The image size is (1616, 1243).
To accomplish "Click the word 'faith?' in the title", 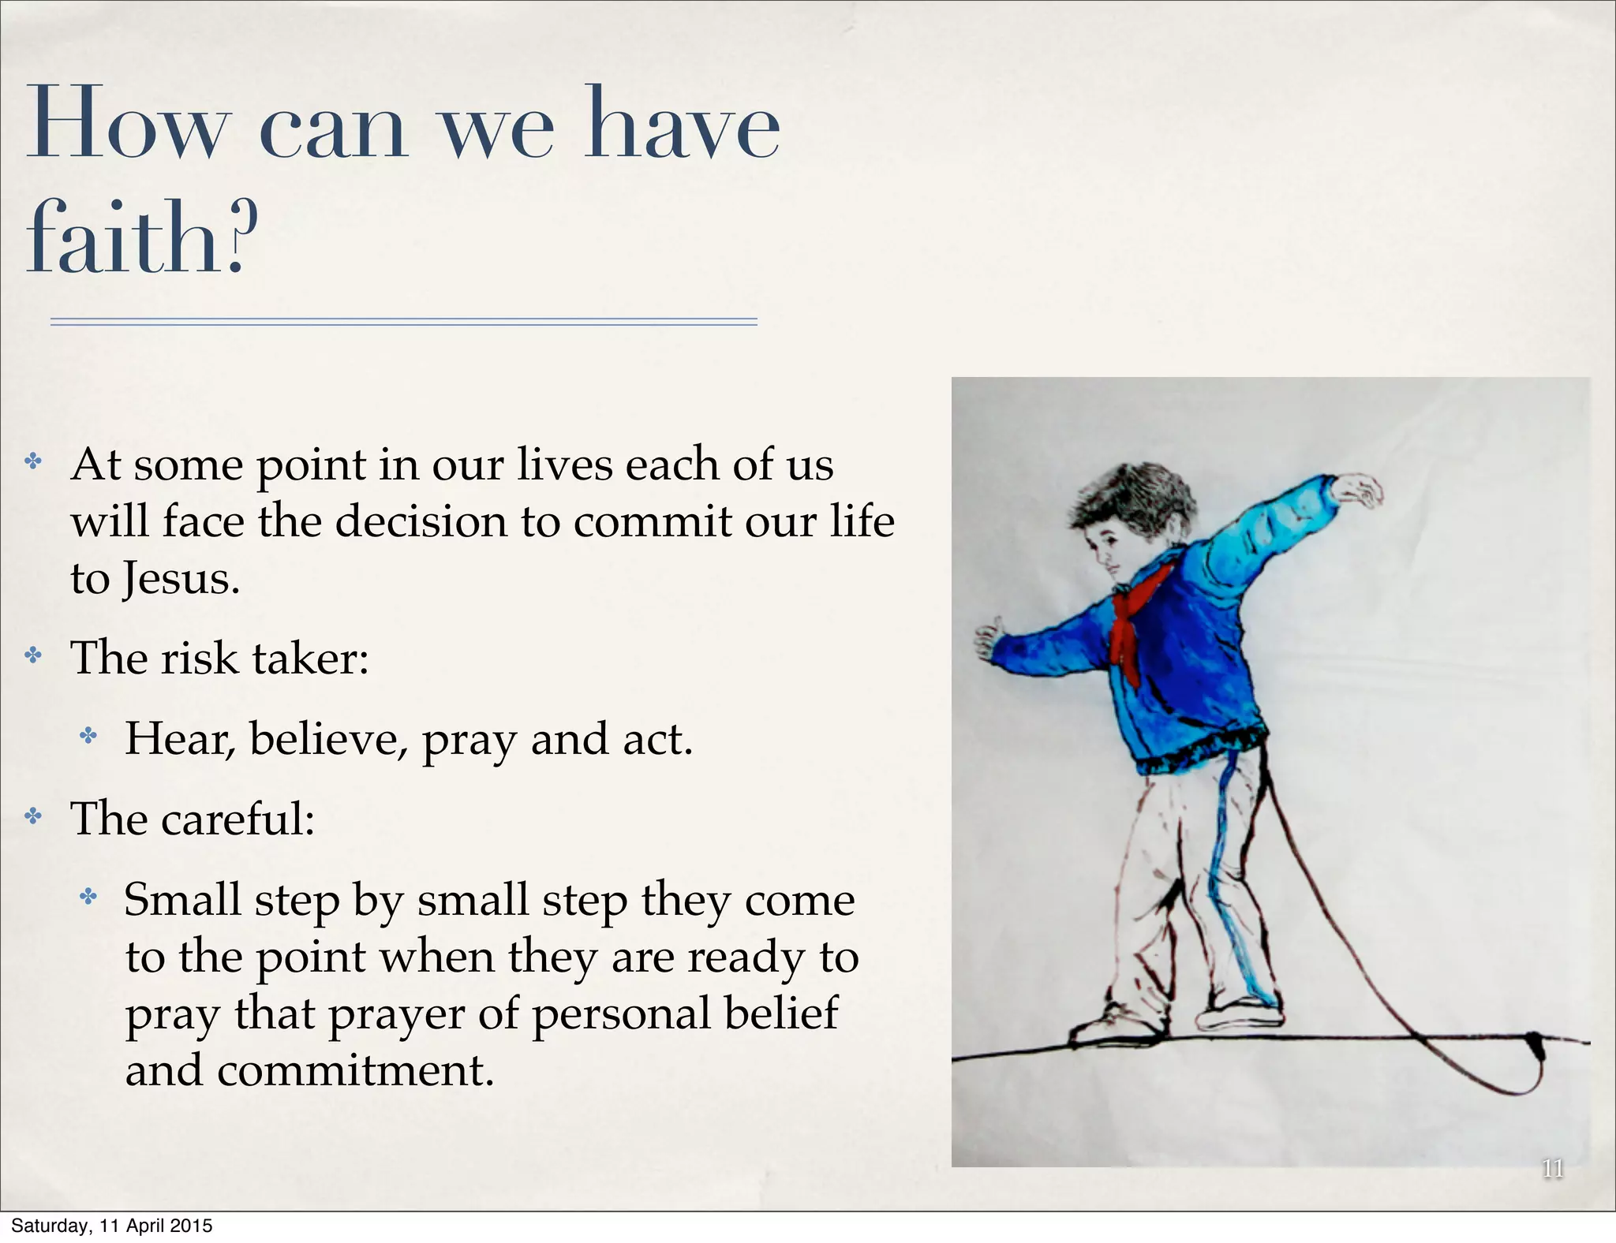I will pyautogui.click(x=142, y=237).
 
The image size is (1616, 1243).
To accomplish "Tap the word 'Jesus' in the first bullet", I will pyautogui.click(x=180, y=580).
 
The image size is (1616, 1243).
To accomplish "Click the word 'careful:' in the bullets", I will pyautogui.click(x=238, y=819).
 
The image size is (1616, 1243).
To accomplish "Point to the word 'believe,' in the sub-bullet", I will pyautogui.click(x=328, y=740).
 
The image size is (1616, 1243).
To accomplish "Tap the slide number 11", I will pyautogui.click(x=1552, y=1168).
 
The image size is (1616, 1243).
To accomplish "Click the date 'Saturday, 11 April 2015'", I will pyautogui.click(x=112, y=1226).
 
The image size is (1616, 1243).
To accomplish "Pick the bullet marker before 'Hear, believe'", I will pyautogui.click(x=88, y=736).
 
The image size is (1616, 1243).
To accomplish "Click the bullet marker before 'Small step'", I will pyautogui.click(x=88, y=896).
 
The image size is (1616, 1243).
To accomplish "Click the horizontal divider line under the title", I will pyautogui.click(x=403, y=321).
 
